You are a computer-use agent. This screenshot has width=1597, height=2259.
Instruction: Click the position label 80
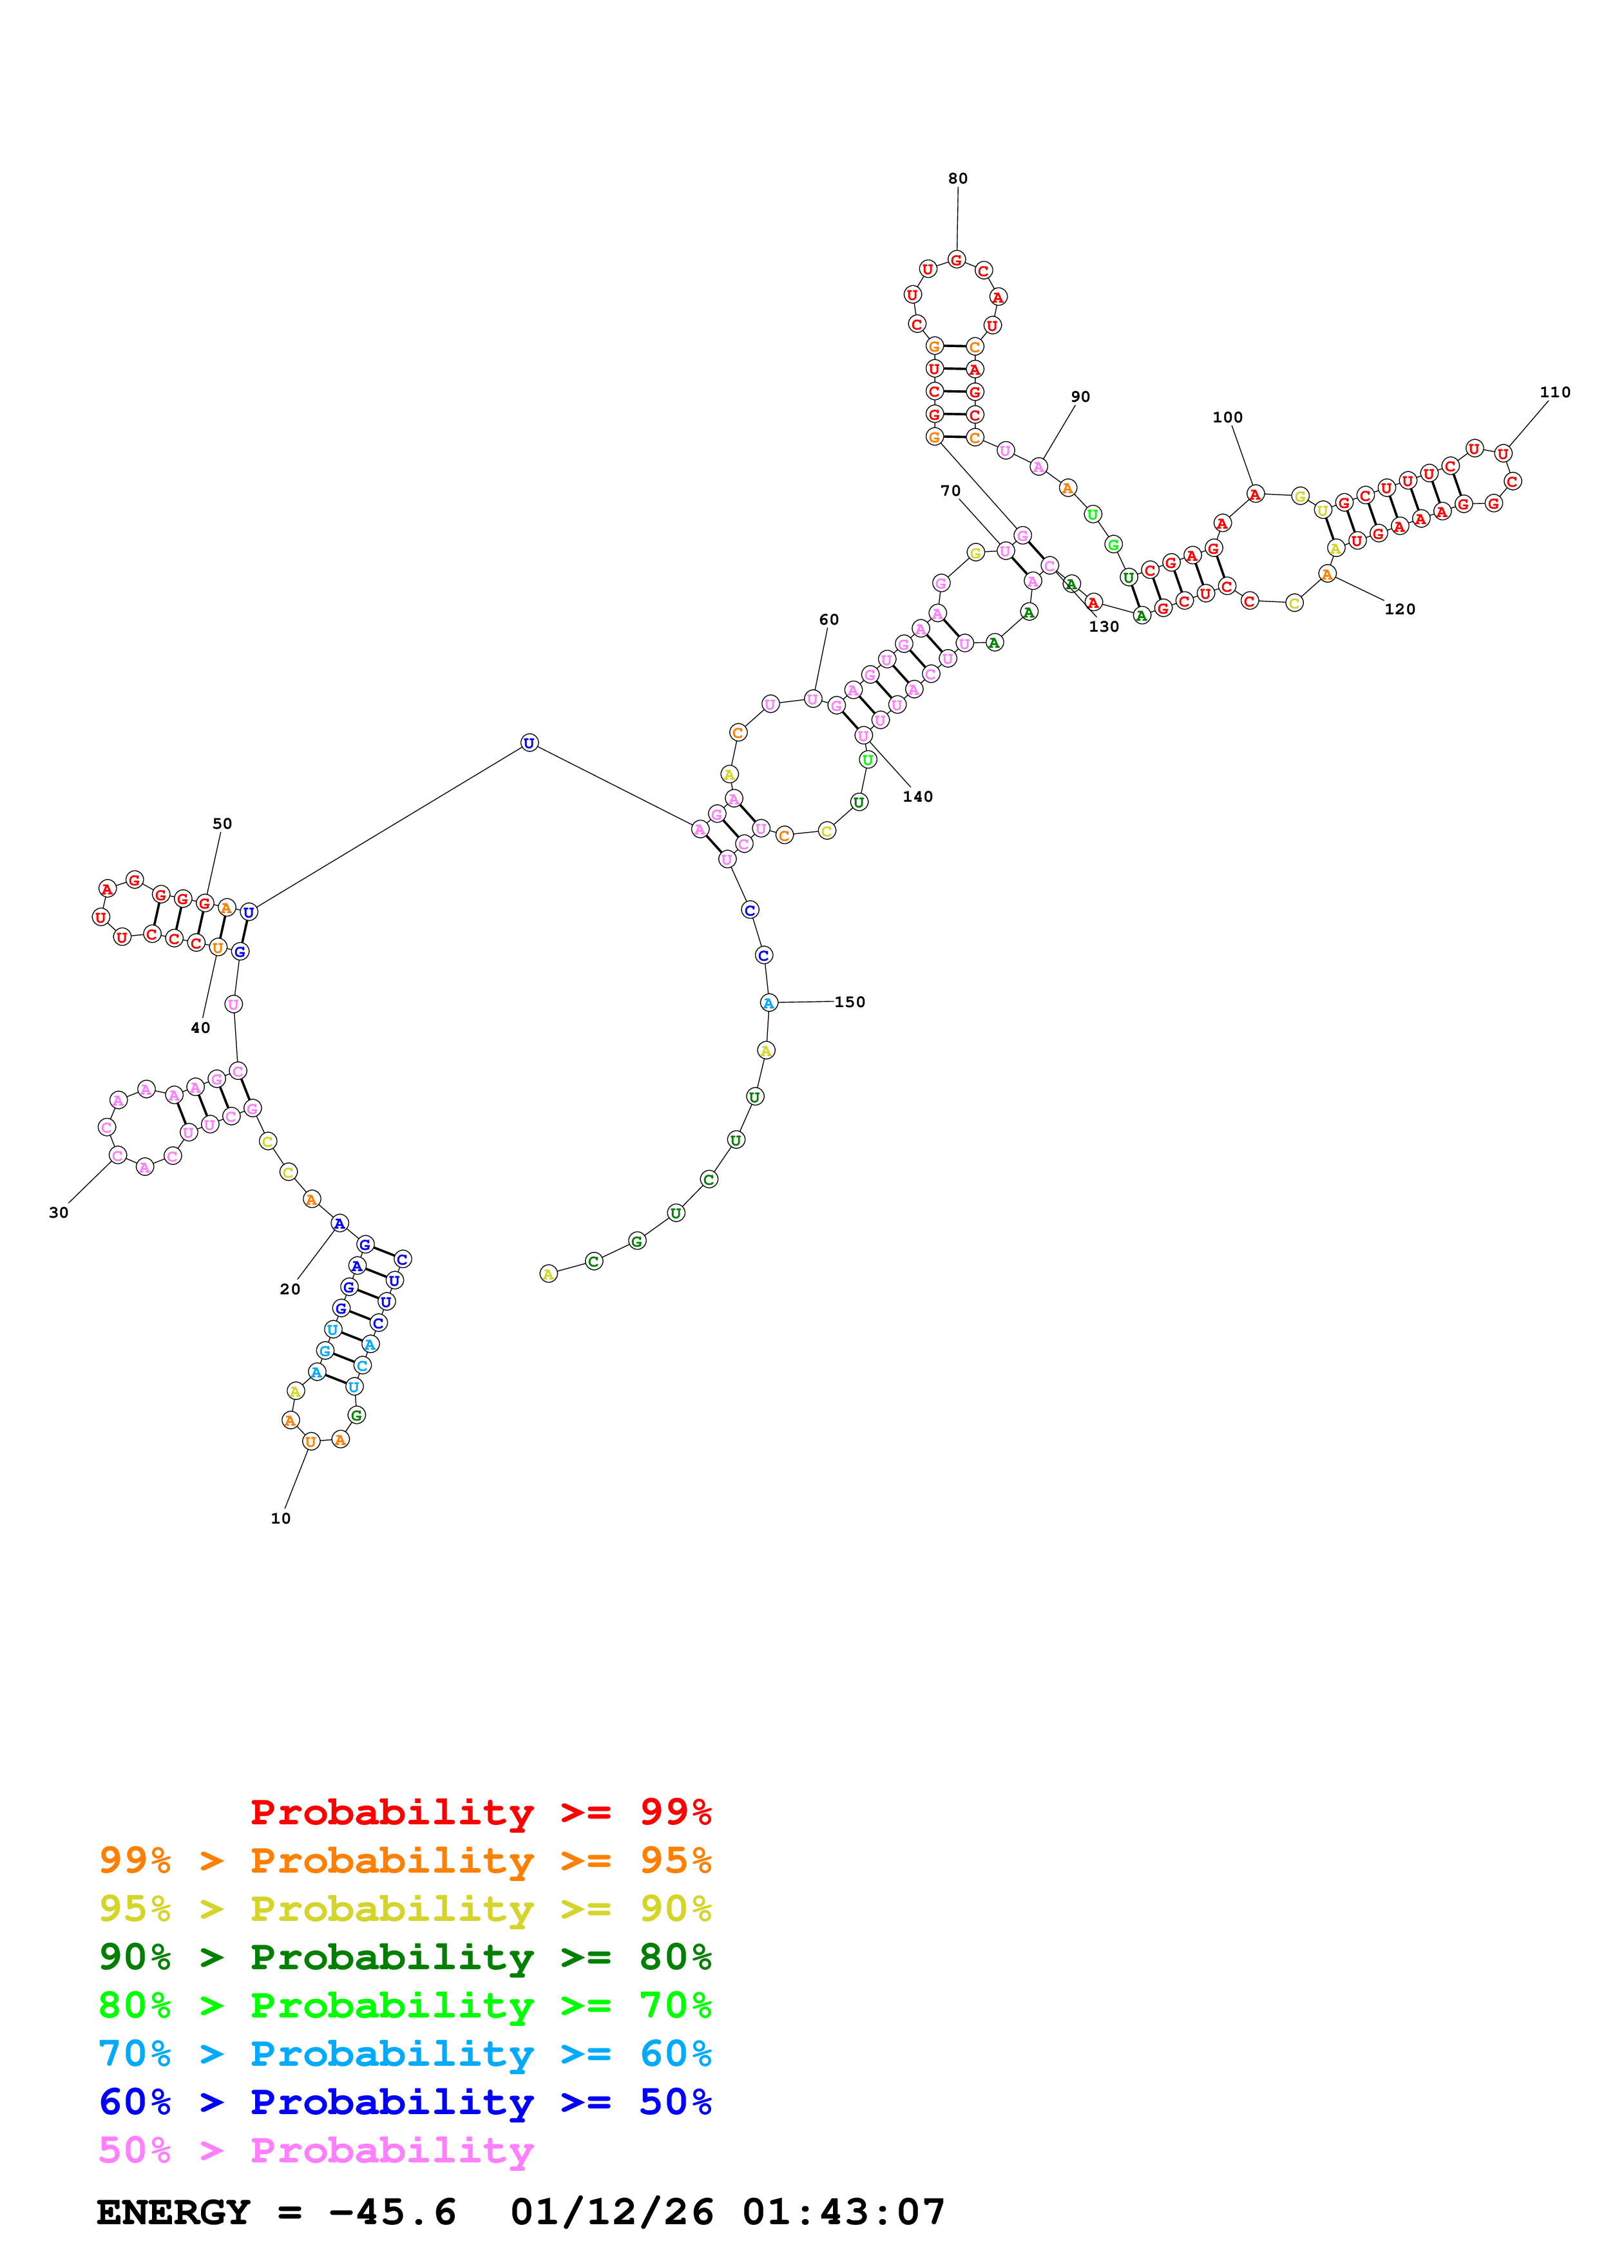(957, 178)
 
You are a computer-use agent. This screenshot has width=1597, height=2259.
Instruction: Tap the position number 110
(1554, 392)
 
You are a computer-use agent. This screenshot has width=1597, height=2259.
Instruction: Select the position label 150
(850, 1001)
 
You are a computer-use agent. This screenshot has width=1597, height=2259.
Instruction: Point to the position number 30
(59, 1212)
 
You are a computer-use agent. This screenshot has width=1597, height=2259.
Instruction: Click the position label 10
(280, 1518)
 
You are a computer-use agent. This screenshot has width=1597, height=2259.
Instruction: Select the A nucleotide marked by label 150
(769, 1003)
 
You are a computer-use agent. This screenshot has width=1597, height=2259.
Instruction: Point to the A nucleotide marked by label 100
(1254, 494)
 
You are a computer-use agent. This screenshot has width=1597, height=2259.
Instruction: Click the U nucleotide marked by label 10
(311, 1441)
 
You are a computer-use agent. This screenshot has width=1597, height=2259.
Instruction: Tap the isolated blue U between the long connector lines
(530, 743)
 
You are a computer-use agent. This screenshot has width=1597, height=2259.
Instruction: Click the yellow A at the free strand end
(549, 1274)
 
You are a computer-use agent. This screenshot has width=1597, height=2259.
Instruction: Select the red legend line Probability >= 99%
(480, 1811)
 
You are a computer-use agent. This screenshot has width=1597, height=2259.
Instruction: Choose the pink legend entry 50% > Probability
(316, 2150)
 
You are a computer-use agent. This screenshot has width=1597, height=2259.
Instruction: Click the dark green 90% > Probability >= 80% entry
(405, 1957)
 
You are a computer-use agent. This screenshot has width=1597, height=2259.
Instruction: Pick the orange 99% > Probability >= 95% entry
(405, 1860)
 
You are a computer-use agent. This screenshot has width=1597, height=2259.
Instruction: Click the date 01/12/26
(611, 2213)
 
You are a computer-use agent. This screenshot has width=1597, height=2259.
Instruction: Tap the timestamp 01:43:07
(843, 2213)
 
